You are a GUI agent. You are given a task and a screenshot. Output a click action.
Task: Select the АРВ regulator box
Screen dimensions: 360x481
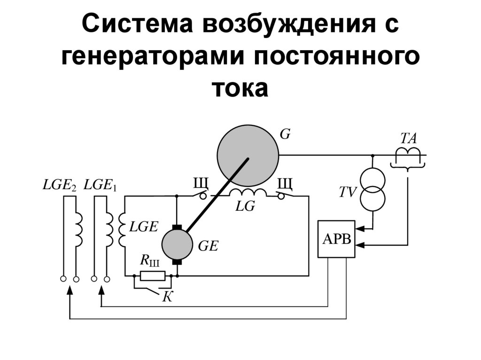point(336,239)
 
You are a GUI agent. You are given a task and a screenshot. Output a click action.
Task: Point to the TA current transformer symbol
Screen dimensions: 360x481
point(407,155)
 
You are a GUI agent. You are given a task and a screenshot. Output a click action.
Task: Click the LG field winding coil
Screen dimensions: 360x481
point(247,193)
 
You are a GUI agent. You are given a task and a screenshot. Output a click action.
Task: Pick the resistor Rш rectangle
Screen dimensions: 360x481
point(153,276)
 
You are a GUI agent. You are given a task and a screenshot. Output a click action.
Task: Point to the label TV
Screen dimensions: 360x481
point(349,192)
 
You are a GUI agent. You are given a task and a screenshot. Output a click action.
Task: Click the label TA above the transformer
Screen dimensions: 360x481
point(408,138)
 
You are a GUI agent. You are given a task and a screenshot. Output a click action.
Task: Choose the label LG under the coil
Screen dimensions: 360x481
point(245,207)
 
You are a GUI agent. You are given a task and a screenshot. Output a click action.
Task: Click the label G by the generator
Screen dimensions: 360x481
point(285,134)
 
